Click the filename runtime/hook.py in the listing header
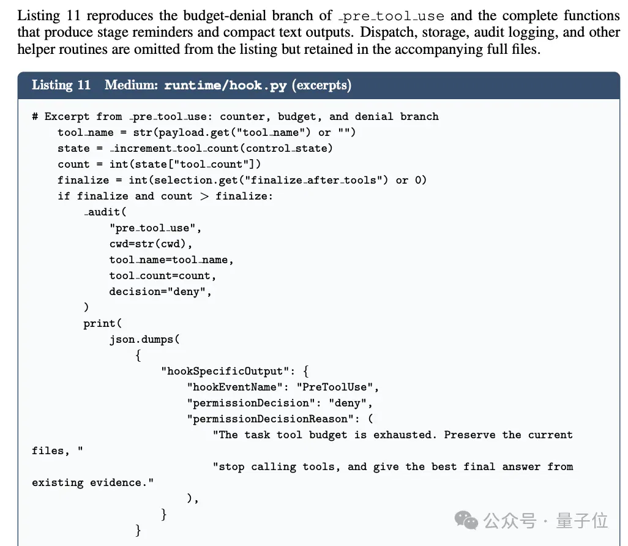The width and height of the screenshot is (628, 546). click(x=225, y=85)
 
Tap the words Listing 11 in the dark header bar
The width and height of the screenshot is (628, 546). click(x=61, y=85)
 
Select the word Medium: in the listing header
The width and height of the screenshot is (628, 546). click(x=132, y=85)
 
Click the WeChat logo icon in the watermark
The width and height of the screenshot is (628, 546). click(x=466, y=520)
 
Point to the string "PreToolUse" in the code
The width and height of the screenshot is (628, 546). click(x=335, y=387)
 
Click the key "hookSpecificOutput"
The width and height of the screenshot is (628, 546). click(x=225, y=372)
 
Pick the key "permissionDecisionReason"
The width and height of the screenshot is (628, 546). click(x=270, y=419)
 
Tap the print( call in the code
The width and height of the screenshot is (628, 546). click(x=103, y=323)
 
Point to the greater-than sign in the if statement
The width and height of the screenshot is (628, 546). click(x=204, y=196)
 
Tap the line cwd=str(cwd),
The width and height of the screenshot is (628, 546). click(x=151, y=244)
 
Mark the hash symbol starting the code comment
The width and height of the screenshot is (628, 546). click(x=36, y=116)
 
